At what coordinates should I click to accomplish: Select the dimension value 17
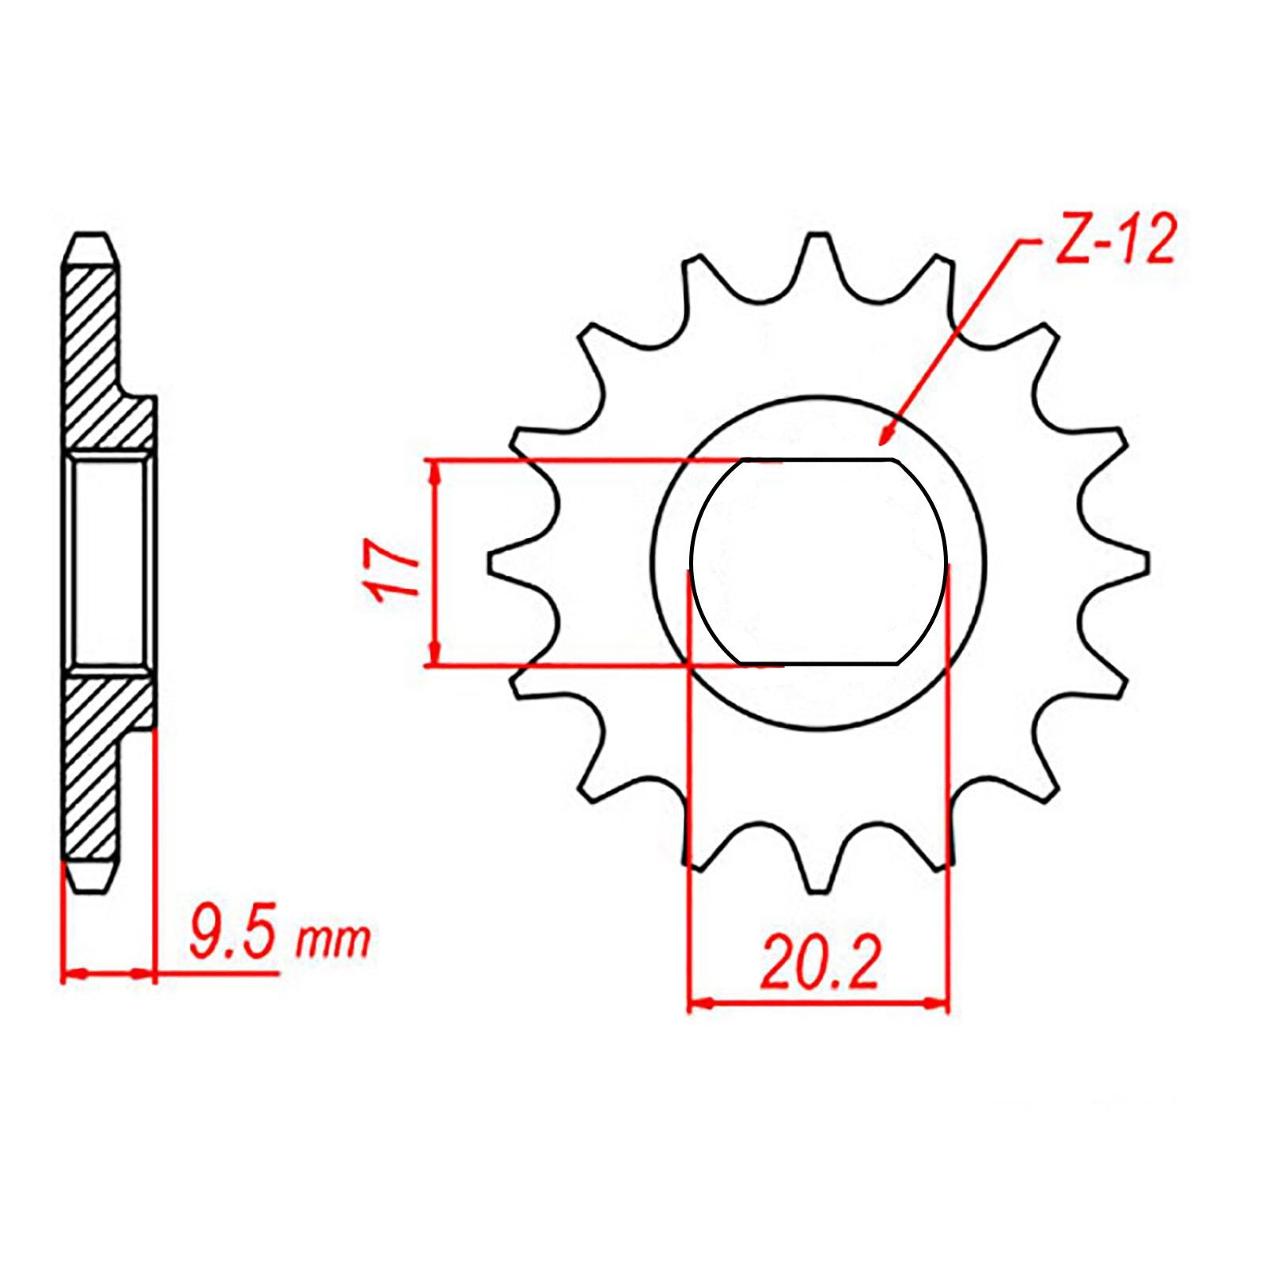[392, 571]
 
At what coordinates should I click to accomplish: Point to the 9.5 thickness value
[233, 939]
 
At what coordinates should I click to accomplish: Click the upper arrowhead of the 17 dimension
[434, 471]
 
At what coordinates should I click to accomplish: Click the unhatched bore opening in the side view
[108, 562]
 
